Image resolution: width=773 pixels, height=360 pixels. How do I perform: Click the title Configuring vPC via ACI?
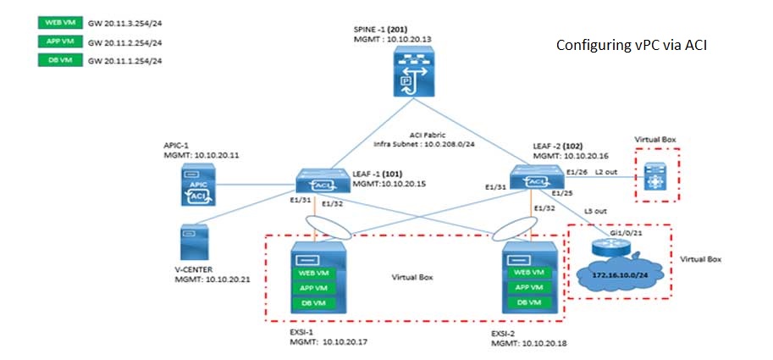tap(631, 44)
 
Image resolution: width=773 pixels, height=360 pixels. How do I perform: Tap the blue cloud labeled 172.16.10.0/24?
tap(618, 274)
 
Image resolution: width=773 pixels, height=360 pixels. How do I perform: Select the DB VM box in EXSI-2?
tap(527, 302)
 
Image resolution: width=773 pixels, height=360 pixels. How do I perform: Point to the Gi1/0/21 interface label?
tap(621, 228)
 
